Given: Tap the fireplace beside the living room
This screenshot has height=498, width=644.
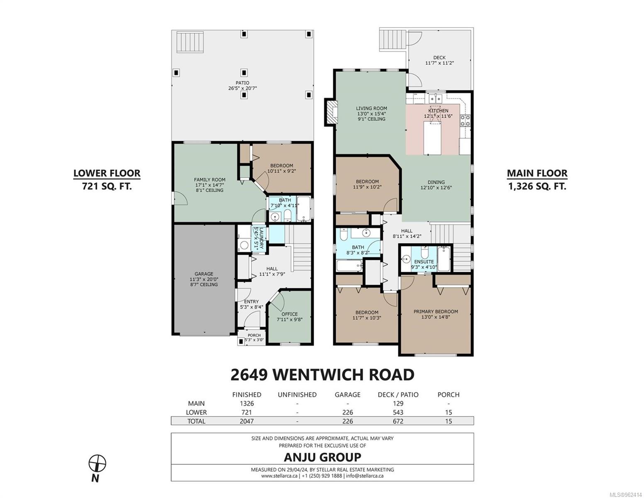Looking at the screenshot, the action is pos(330,112).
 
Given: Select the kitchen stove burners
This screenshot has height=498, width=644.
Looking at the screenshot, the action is pos(464,121).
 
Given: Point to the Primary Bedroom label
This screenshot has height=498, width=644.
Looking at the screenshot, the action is pos(435,314).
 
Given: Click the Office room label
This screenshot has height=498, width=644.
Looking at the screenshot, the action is pos(289,317).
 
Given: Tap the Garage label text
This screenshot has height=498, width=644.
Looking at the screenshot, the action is pos(204,274).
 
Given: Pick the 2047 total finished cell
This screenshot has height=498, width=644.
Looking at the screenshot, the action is pos(246,421).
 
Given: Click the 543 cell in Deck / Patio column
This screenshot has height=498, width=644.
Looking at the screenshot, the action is pos(398,412).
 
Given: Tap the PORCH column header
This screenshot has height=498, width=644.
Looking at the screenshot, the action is pos(449,395).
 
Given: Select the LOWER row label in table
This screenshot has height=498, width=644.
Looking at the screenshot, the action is pos(196,412).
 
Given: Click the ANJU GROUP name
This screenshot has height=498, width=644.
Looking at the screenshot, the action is pos(322,457).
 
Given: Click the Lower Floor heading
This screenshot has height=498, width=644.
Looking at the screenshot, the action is pos(107,173).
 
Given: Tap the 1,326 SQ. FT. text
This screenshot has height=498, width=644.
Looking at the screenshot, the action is pos(537,186).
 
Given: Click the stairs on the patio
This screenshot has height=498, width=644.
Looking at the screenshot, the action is pos(190,42).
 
